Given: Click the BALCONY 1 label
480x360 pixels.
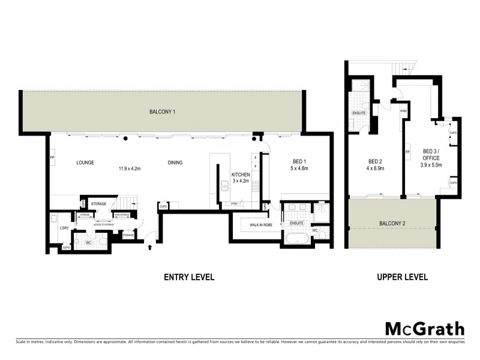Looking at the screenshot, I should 162,112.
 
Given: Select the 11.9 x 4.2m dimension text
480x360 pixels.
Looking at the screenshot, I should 129,169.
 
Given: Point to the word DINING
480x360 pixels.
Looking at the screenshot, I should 175,163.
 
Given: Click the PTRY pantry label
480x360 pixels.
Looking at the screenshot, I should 235,205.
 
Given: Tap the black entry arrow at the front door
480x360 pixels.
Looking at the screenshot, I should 150,245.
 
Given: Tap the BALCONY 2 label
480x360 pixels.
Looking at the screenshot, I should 392,224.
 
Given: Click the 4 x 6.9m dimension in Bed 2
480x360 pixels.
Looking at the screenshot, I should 376,169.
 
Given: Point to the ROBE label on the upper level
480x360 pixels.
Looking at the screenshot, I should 404,111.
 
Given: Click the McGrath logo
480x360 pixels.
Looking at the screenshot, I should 424,328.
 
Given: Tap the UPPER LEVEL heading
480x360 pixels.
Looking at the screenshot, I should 401,277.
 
